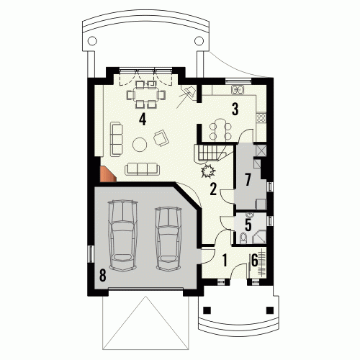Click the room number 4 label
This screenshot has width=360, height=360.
click(143, 120)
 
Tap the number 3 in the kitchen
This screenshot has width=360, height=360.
click(235, 109)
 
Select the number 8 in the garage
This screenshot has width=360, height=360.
click(102, 275)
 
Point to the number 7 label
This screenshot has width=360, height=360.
click(248, 180)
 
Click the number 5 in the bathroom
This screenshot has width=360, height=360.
click(248, 225)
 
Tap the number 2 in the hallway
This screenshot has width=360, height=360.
click(213, 189)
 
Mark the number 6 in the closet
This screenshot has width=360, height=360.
click(254, 260)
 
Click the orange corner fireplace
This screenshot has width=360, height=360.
click(107, 174)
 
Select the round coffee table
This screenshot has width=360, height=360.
click(140, 144)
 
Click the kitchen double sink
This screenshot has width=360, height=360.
click(238, 89)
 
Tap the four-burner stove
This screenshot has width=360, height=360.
click(261, 118)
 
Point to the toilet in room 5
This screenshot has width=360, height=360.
click(243, 238)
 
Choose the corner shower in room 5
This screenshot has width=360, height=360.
click(259, 237)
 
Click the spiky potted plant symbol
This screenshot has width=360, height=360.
click(208, 171)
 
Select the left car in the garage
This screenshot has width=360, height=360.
click(122, 235)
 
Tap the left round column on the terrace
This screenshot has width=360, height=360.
click(92, 41)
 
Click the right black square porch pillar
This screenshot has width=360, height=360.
click(270, 310)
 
